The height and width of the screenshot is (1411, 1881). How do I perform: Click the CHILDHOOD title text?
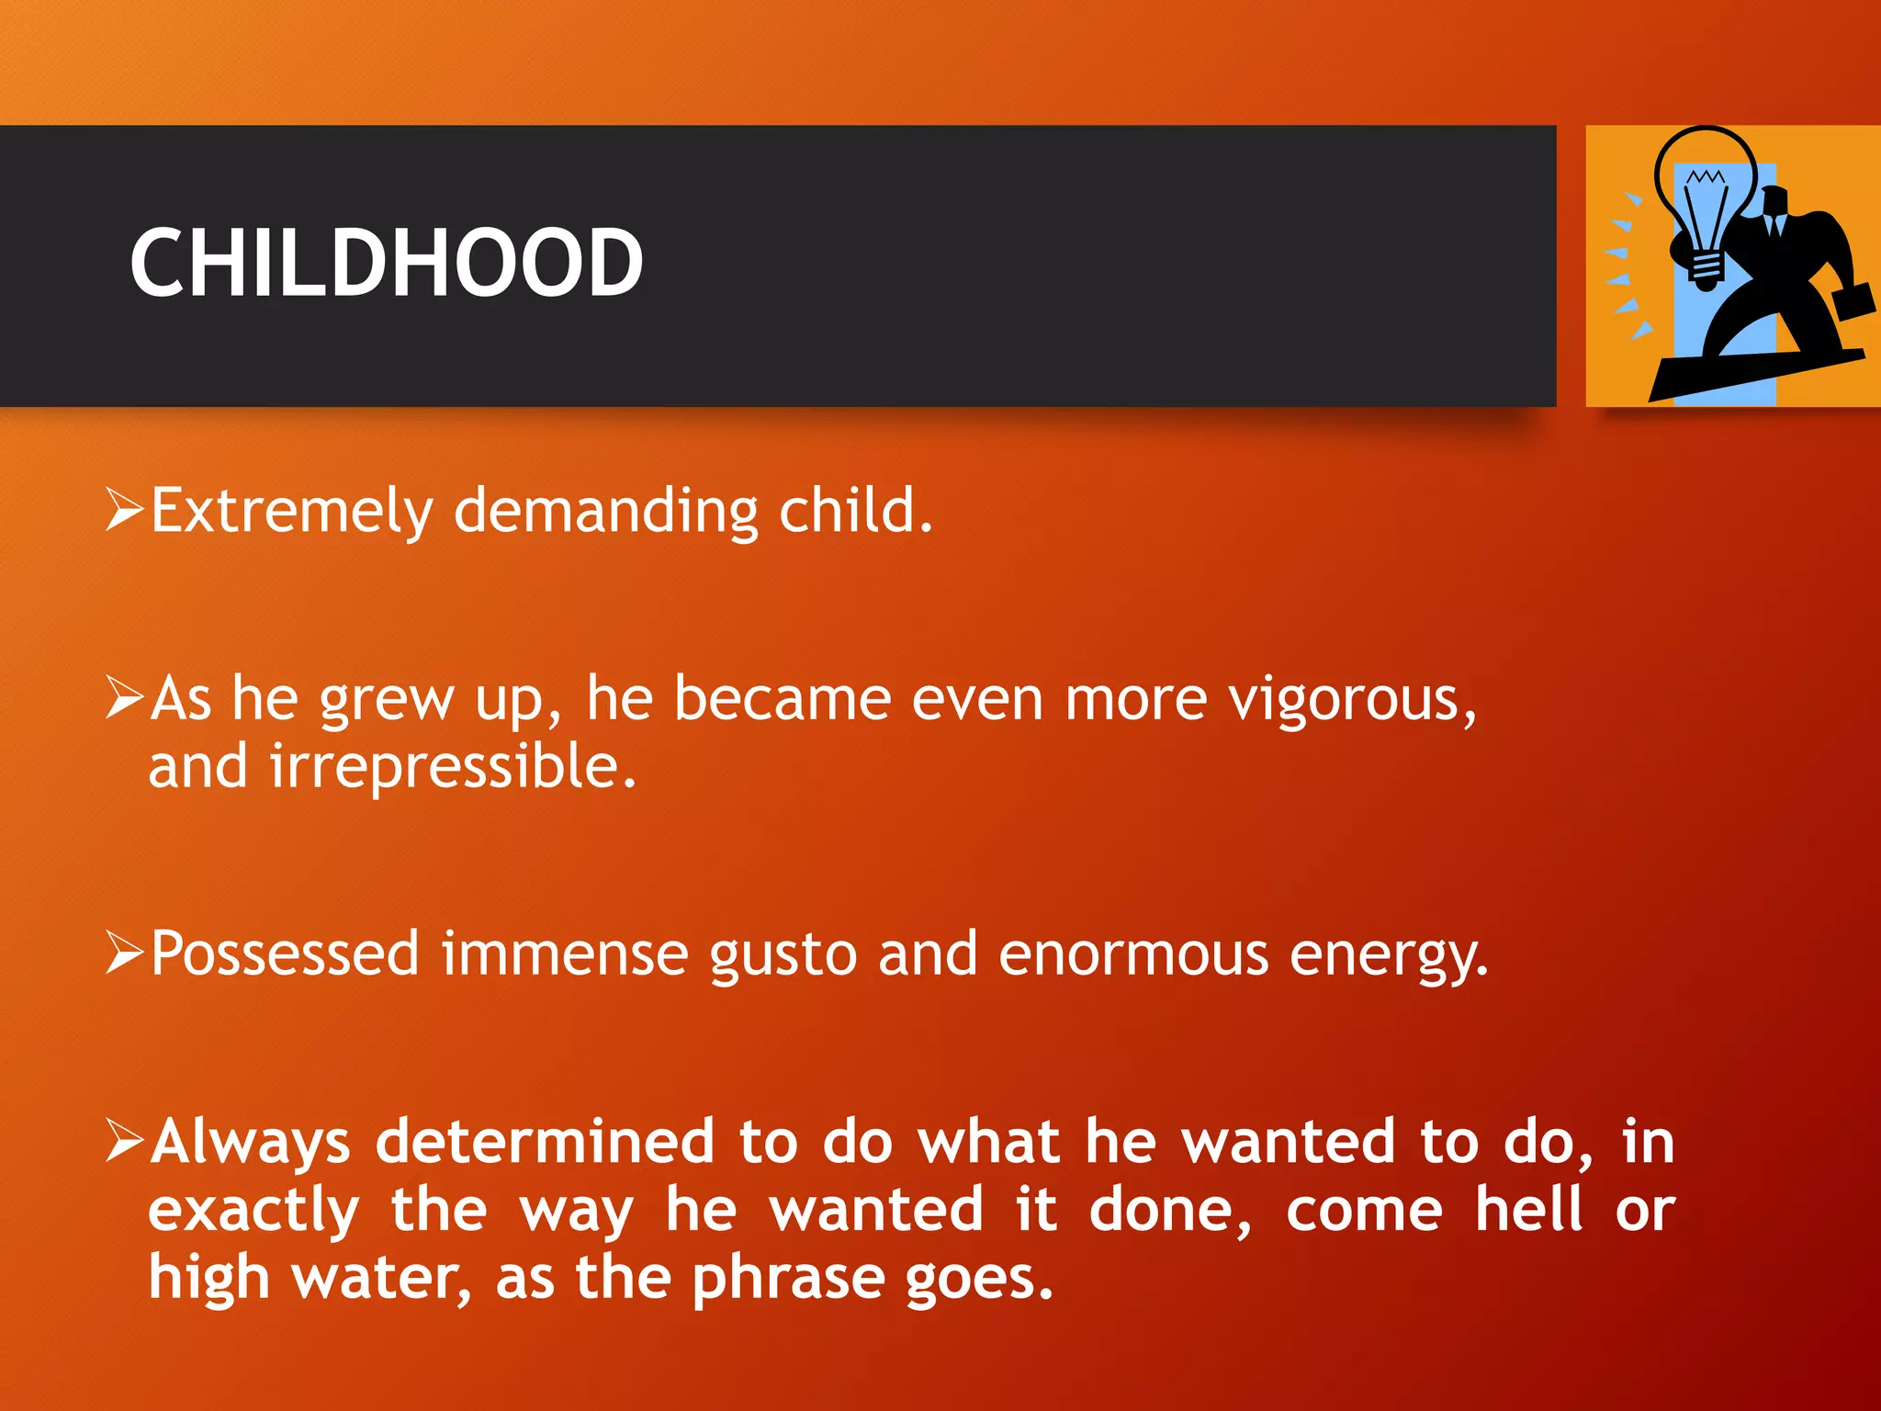(x=386, y=264)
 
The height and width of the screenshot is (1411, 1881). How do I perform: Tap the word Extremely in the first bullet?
(x=291, y=511)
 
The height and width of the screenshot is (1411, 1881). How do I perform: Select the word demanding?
(x=606, y=511)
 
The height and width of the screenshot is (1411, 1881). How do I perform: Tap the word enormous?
(x=1133, y=955)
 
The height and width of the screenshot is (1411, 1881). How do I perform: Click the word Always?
(x=251, y=1143)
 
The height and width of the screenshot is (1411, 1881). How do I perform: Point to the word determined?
(x=545, y=1141)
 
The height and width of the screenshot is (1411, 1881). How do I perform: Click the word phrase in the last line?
(x=787, y=1279)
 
